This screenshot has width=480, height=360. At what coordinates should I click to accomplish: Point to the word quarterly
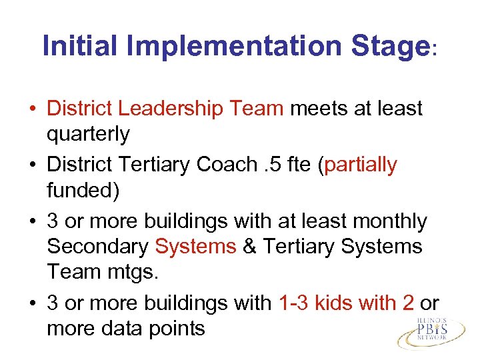click(88, 135)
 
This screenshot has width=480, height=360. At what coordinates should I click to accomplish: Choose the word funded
click(83, 191)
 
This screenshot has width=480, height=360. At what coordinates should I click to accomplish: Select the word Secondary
click(98, 247)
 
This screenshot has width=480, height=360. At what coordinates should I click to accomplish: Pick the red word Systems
click(195, 247)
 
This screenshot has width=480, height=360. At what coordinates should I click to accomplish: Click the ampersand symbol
click(250, 247)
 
